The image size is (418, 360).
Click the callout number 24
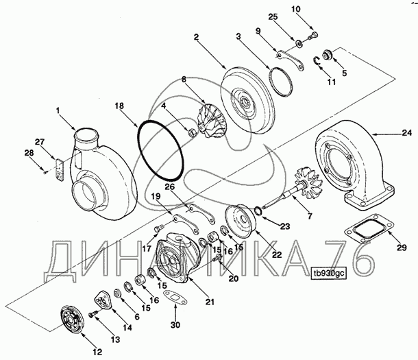coord(407,132)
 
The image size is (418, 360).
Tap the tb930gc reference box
coord(329,274)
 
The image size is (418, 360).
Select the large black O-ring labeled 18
coord(160,150)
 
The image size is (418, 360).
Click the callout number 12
coord(98,352)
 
